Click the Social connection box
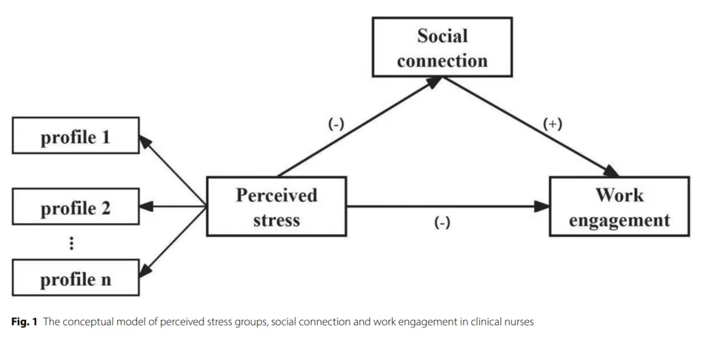click(x=442, y=47)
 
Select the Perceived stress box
click(x=276, y=206)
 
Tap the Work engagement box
click(x=619, y=206)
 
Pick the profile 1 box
click(x=75, y=135)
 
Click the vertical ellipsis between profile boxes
click(x=72, y=244)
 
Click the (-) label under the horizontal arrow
click(x=442, y=223)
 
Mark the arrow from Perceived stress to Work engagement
click(x=446, y=206)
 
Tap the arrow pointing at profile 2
click(x=173, y=207)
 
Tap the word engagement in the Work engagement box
click(x=619, y=219)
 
